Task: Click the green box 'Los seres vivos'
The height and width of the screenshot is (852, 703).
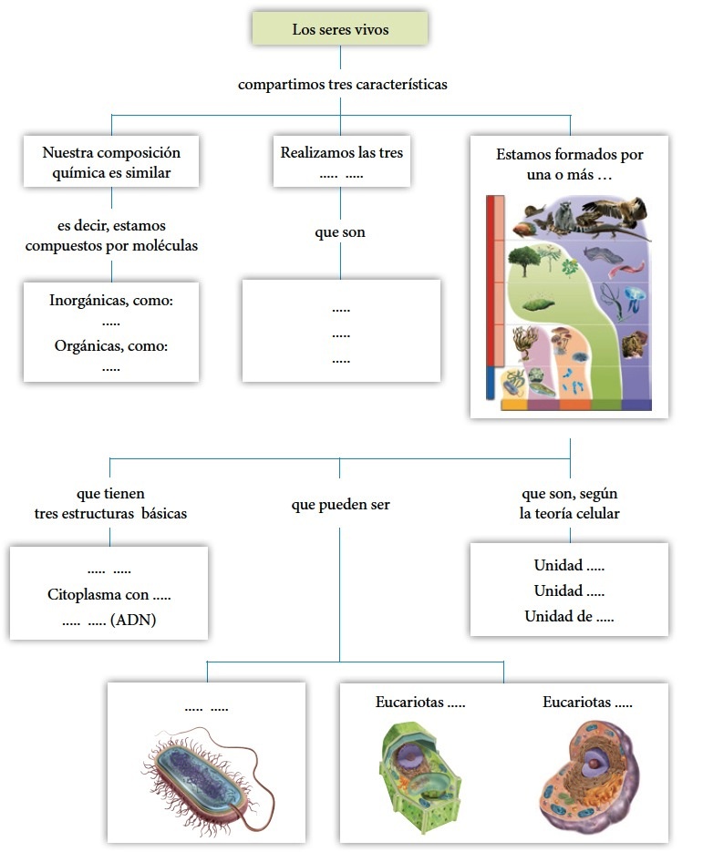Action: click(x=340, y=30)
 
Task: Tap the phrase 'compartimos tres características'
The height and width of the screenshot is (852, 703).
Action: click(x=342, y=85)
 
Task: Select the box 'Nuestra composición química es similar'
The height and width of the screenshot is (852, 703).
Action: click(x=111, y=162)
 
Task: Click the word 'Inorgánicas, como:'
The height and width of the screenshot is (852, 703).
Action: click(x=111, y=300)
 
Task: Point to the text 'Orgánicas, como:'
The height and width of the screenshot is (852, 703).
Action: click(x=111, y=346)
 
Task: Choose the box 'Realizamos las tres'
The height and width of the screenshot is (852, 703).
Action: click(x=341, y=162)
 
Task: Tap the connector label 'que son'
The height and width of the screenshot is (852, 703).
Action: click(x=340, y=232)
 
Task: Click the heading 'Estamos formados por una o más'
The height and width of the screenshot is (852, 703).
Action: click(x=569, y=164)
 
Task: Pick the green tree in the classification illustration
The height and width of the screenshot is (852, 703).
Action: click(x=525, y=259)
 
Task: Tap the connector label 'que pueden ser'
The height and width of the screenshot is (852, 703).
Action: click(x=340, y=504)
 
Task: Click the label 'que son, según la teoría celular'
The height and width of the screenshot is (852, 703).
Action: click(x=569, y=503)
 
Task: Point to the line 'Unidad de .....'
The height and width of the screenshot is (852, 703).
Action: click(x=569, y=617)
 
